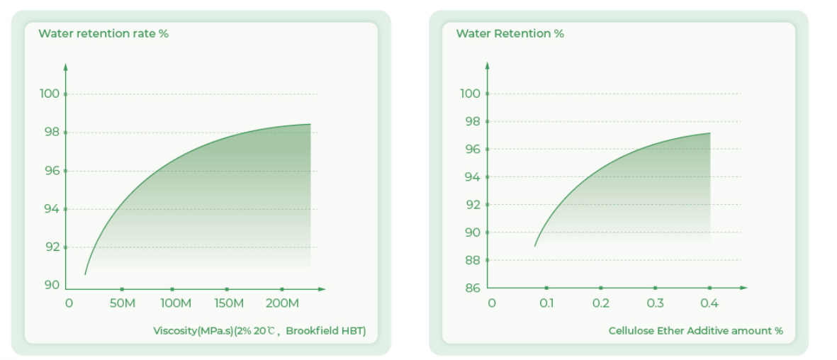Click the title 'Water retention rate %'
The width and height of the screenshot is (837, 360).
103,33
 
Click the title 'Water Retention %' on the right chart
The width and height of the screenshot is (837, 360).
510,33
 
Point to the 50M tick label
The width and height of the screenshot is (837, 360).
122,303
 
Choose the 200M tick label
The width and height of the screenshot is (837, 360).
281,303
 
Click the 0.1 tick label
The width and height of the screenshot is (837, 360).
546,303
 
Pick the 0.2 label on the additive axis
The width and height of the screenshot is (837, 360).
601,303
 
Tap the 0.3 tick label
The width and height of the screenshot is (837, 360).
655,303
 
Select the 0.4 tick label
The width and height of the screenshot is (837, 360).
709,303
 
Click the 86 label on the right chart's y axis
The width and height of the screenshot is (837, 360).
473,288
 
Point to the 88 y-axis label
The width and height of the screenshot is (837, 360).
473,260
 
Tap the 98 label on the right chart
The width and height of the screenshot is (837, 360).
473,122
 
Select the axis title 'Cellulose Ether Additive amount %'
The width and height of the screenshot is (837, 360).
695,331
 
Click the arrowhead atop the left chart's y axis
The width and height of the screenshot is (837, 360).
65,67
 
